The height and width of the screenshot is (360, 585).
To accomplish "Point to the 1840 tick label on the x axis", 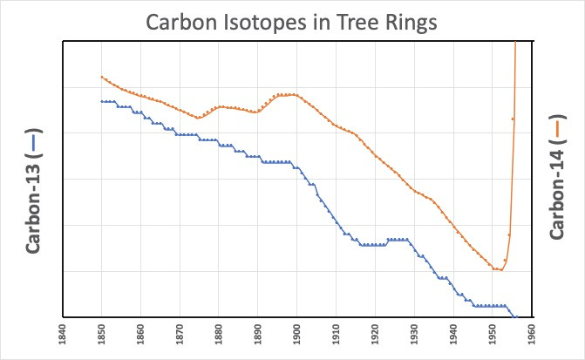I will point(62,336).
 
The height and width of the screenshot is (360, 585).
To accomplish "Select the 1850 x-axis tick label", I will point(101,336).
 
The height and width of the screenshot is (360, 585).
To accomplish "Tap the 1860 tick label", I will point(140,336).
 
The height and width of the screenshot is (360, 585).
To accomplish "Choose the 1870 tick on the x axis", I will point(180,336).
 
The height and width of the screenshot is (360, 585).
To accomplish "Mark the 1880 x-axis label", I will point(219,336).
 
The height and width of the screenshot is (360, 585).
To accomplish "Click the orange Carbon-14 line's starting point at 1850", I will point(102,77).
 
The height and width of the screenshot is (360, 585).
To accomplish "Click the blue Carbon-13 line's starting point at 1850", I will point(102,101).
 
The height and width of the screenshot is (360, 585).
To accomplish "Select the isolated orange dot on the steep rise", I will point(513,119).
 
